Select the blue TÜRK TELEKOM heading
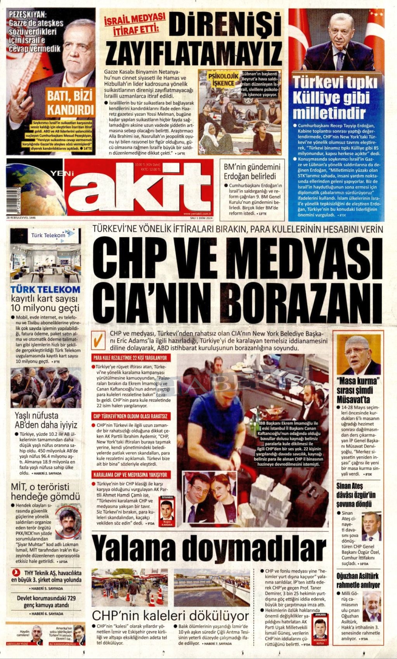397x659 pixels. pos(45,289)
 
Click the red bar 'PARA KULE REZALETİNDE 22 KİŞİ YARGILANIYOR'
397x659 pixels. pos(130,358)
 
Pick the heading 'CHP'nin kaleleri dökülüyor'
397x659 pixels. pos(170,616)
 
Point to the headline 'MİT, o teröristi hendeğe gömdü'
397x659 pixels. pos(45,492)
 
